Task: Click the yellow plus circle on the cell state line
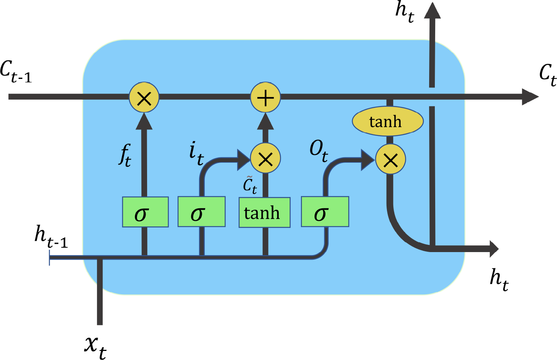click(265, 97)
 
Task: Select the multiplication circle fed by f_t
click(144, 97)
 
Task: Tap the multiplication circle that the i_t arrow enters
click(265, 159)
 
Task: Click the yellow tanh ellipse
click(387, 122)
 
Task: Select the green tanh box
click(264, 212)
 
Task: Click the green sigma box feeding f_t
click(145, 212)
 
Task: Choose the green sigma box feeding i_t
click(201, 212)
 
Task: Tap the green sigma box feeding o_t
click(325, 212)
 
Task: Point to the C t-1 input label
click(16, 72)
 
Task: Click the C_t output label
click(547, 74)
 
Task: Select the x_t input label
click(95, 346)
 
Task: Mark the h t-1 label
click(51, 237)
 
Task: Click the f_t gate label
click(125, 155)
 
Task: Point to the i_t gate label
click(196, 153)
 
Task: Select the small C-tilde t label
click(250, 185)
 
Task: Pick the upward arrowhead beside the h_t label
click(432, 11)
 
